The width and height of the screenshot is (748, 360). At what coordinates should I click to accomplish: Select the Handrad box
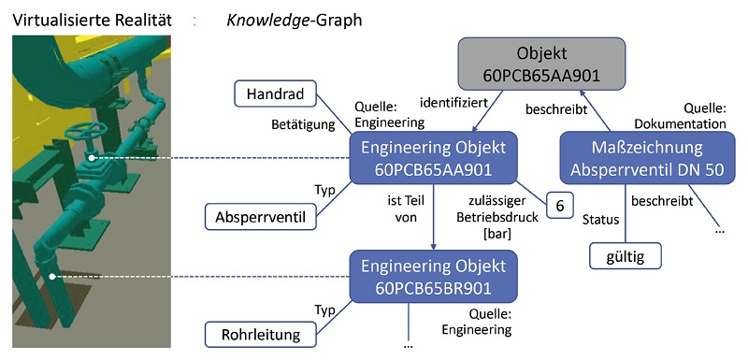tap(275, 94)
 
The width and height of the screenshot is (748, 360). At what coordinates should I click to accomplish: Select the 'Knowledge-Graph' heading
tap(295, 18)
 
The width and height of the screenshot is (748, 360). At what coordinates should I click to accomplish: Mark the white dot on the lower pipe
tap(53, 276)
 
